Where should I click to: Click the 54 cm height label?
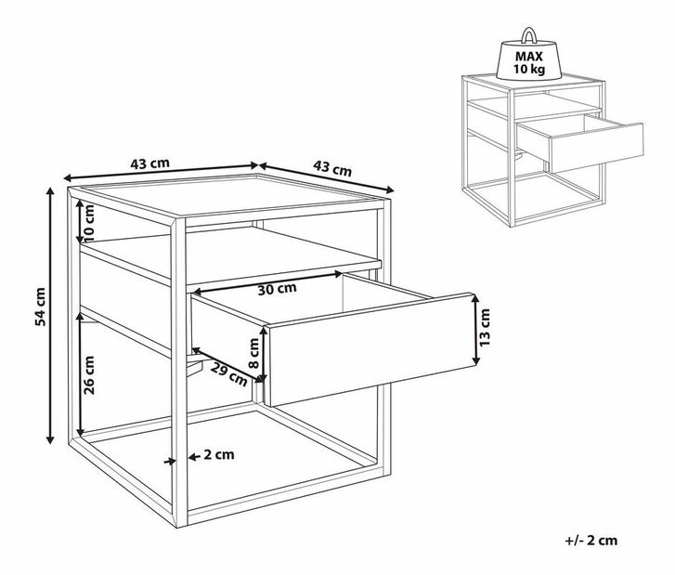click(40, 307)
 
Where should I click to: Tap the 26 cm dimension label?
click(89, 374)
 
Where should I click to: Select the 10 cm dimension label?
click(88, 222)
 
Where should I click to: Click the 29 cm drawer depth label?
click(230, 373)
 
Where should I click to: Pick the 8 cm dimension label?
click(254, 353)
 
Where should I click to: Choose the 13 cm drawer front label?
click(485, 327)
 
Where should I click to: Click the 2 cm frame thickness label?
click(219, 454)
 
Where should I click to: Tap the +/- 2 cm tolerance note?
click(591, 540)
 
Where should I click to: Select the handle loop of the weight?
click(528, 35)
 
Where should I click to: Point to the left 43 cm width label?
click(149, 163)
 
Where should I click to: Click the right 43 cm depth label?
click(332, 168)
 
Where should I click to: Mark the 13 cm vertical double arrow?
click(475, 330)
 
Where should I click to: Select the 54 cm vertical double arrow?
click(50, 315)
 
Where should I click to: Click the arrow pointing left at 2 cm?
click(195, 456)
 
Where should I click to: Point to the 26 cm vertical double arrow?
click(80, 374)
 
